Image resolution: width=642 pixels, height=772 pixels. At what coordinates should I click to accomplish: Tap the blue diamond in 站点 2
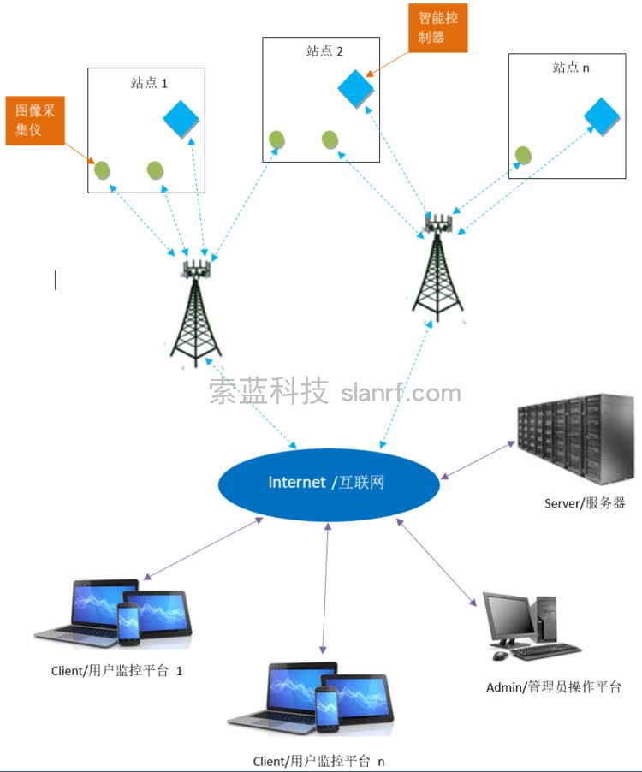[x=356, y=86]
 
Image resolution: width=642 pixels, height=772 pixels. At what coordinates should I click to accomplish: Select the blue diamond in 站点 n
[x=601, y=116]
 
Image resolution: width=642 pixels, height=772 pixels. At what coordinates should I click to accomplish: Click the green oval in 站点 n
[x=523, y=155]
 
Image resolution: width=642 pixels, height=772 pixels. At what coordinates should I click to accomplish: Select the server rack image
[x=574, y=438]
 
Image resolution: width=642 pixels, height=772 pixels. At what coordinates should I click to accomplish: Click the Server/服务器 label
[x=585, y=503]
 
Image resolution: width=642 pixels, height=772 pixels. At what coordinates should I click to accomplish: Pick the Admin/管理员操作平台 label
[x=553, y=686]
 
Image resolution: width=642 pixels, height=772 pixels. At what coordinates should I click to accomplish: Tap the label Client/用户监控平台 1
[x=117, y=671]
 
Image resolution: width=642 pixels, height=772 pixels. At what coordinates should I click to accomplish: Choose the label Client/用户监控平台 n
[x=319, y=761]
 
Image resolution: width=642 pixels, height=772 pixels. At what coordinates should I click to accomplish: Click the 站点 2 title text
[x=324, y=51]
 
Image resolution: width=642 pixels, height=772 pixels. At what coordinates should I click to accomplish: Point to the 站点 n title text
[x=571, y=68]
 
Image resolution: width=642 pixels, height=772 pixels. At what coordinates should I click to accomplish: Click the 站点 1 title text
[x=149, y=83]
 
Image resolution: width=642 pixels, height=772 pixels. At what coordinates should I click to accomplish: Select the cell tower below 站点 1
[x=197, y=312]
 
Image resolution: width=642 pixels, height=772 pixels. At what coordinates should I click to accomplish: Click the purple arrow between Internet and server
[x=478, y=460]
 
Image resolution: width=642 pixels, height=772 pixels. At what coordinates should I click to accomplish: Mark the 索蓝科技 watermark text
[x=269, y=393]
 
